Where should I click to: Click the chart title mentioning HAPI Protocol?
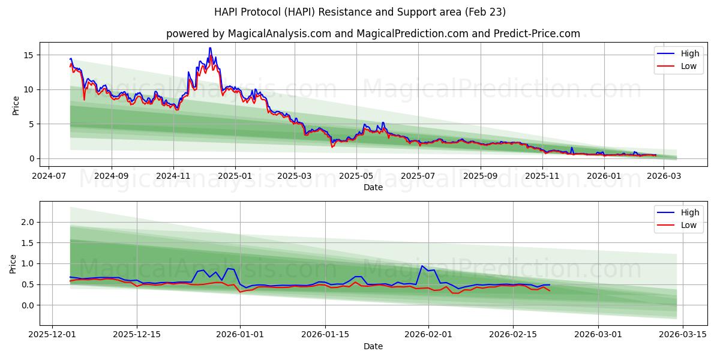(x=360, y=12)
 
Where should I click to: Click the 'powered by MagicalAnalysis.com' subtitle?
(x=373, y=34)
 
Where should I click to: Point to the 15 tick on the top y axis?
(x=28, y=55)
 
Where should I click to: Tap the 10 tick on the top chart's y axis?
(x=28, y=89)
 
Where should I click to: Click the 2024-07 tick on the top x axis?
(x=49, y=176)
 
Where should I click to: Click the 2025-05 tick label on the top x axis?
(x=356, y=176)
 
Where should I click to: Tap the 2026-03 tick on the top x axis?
(x=664, y=176)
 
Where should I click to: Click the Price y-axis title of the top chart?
(x=16, y=106)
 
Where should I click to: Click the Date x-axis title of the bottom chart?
(x=373, y=346)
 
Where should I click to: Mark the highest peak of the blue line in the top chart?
(x=210, y=48)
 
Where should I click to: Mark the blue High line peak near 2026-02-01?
(x=422, y=266)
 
